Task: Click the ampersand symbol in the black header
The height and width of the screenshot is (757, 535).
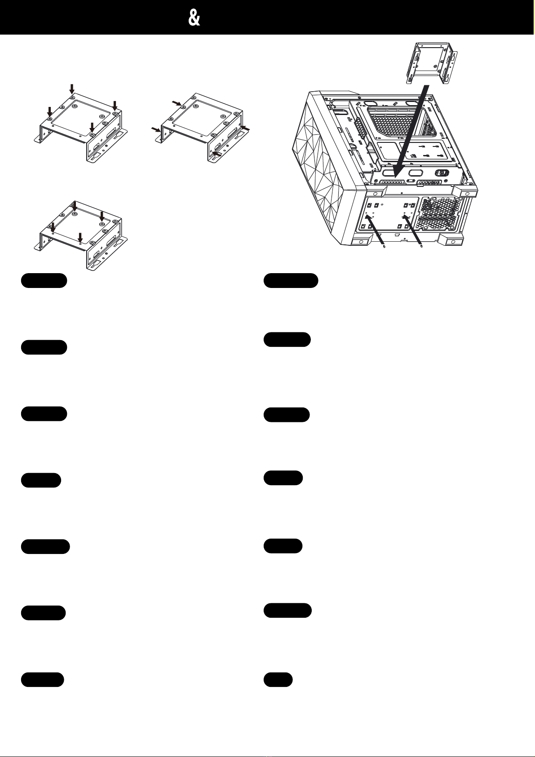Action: (194, 18)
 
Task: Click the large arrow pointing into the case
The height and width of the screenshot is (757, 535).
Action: (410, 132)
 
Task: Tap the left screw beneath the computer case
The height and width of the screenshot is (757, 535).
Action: (385, 247)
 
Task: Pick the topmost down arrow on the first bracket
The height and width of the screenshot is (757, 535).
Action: (72, 89)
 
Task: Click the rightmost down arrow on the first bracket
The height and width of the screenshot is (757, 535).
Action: (115, 106)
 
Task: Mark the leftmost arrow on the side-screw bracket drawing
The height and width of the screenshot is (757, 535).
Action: (156, 129)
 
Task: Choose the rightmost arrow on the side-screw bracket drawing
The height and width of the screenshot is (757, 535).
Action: (245, 128)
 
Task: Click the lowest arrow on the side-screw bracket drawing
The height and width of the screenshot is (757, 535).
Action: (217, 154)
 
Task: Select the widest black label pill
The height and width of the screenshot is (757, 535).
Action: (291, 280)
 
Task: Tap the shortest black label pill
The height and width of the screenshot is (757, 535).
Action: (278, 680)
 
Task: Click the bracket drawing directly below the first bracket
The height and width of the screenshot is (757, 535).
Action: (81, 235)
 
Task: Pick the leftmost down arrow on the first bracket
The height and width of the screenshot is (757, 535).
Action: (50, 112)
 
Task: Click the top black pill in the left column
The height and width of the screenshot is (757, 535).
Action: (44, 280)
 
